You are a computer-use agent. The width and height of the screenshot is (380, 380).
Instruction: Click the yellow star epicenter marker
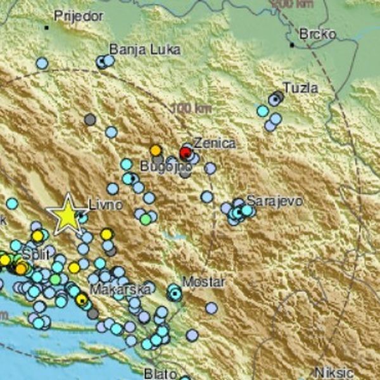pos(66,215)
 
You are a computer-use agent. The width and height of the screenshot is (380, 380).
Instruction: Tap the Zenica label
pos(215,143)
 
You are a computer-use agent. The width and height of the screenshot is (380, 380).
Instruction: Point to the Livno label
pos(101,205)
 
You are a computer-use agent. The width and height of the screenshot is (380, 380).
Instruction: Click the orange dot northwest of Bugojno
pos(156,150)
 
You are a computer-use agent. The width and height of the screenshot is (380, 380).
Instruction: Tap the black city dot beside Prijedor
pos(46,27)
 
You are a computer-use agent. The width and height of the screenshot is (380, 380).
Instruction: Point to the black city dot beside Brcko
pos(292,45)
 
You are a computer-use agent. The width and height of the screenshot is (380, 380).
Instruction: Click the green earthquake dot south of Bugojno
pos(146,219)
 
